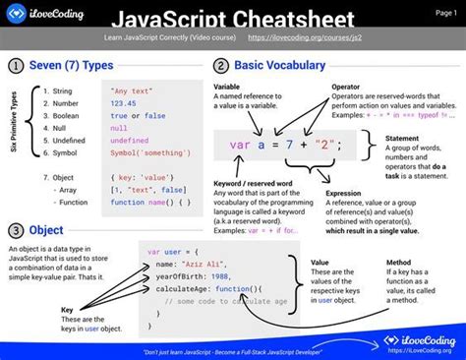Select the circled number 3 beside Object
coord(17,230)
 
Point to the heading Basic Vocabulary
coord(279,65)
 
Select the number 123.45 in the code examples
coord(125,102)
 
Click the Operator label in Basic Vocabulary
coord(351,87)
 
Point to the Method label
coord(399,263)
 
